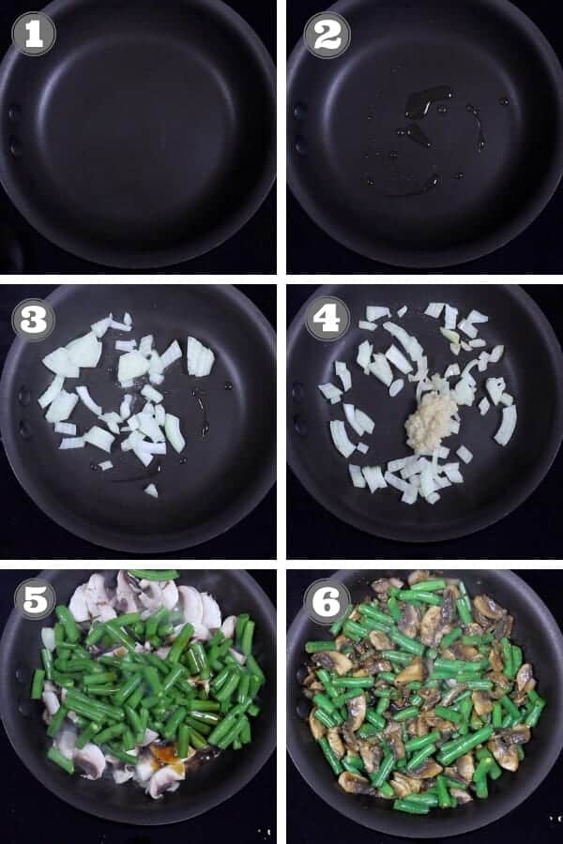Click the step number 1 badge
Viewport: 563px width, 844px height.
pyautogui.click(x=34, y=34)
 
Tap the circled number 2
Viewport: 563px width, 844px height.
pyautogui.click(x=327, y=35)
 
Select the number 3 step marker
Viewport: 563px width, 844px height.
pyautogui.click(x=34, y=320)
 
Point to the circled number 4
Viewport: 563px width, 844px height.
pyautogui.click(x=327, y=320)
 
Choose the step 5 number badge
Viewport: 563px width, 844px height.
pyautogui.click(x=34, y=599)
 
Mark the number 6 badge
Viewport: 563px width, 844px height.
pyautogui.click(x=327, y=599)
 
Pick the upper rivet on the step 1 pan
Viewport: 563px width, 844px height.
pyautogui.click(x=14, y=113)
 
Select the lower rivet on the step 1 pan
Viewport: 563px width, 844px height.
pyautogui.click(x=14, y=146)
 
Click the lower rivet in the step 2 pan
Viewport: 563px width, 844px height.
pyautogui.click(x=299, y=145)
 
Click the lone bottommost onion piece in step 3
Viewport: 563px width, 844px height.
pyautogui.click(x=151, y=490)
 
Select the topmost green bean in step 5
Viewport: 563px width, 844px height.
pyautogui.click(x=153, y=575)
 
